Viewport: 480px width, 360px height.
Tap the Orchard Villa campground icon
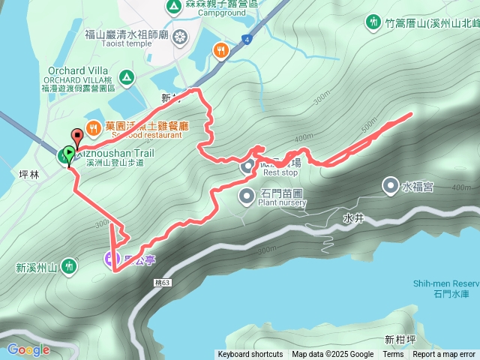[127, 76]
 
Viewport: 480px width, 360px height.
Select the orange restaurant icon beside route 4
[220, 50]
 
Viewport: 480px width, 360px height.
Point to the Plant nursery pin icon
[247, 196]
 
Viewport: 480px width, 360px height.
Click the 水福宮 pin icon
[391, 185]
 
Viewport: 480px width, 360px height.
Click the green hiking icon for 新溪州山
[69, 265]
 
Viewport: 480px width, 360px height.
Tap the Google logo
[28, 349]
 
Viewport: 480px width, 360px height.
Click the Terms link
[393, 355]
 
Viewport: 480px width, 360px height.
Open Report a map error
[444, 355]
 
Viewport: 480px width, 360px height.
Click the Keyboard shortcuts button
[250, 355]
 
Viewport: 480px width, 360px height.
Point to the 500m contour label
[368, 128]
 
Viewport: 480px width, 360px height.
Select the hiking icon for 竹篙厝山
[373, 22]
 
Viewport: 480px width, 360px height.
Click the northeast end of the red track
[411, 114]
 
